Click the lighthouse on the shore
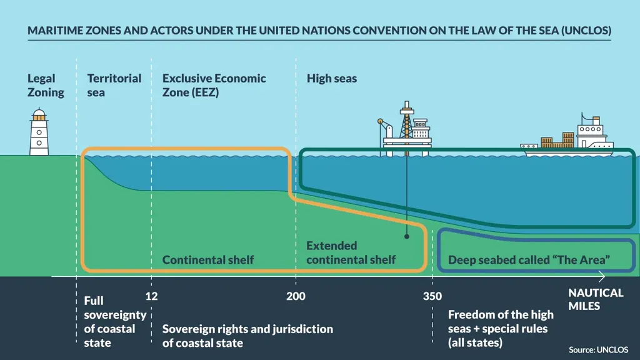[39, 132]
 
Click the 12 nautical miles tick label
[151, 296]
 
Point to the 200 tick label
[296, 296]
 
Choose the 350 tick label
[432, 296]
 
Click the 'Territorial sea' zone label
[114, 86]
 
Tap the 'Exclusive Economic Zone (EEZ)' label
[214, 86]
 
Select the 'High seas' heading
[332, 79]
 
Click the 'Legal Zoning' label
[46, 86]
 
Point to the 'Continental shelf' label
[208, 259]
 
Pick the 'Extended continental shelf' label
[351, 252]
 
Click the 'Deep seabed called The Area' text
[529, 259]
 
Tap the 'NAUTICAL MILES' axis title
[596, 299]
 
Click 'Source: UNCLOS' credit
[599, 349]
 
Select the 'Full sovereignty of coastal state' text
[115, 322]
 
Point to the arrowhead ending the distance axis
[602, 276]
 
